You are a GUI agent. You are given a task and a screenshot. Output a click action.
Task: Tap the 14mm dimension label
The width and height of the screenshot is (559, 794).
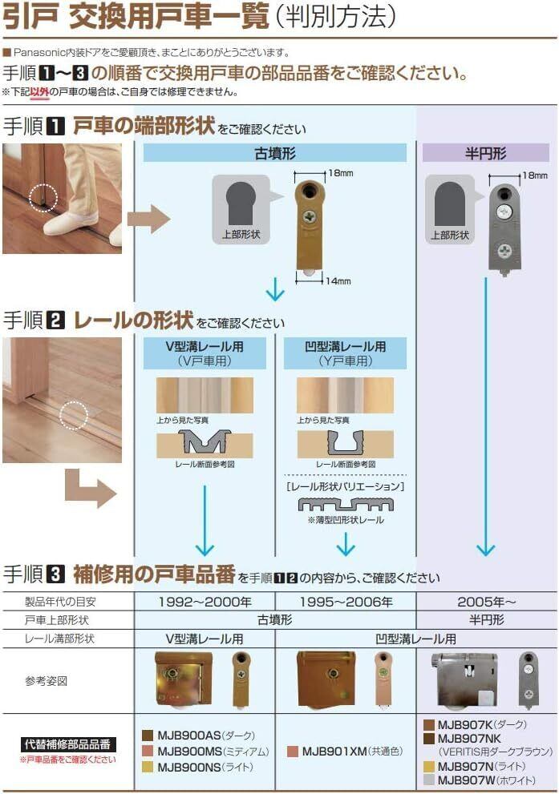coord(339,281)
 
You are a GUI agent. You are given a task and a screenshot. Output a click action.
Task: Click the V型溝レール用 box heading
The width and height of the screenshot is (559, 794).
coord(205,347)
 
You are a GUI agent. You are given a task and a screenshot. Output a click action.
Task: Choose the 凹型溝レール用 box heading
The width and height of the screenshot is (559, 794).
coord(346,347)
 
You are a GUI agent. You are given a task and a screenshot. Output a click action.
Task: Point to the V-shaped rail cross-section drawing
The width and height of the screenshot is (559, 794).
coord(205,442)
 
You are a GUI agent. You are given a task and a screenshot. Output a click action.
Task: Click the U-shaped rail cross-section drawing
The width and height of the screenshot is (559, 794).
coord(346,442)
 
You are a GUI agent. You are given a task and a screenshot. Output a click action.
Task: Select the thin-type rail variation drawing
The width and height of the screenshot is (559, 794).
coord(346,505)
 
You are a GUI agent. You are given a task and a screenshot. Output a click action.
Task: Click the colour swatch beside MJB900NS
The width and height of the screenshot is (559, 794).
coord(148,767)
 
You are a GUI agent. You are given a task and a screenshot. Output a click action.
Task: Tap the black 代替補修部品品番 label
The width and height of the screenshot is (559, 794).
coord(68,744)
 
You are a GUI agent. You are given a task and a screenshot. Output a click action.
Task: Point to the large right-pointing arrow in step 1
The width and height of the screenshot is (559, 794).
coord(149,217)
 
